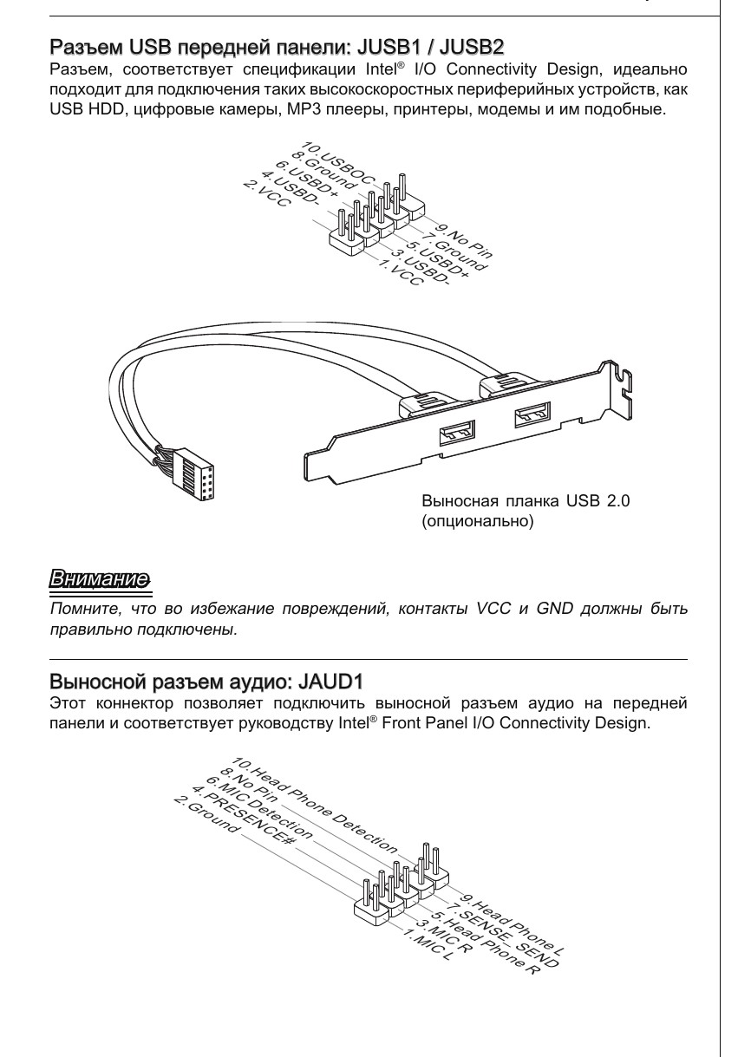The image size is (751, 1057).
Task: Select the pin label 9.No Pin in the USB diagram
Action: [465, 240]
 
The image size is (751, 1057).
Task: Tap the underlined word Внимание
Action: [99, 577]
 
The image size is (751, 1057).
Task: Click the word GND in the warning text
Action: [557, 609]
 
